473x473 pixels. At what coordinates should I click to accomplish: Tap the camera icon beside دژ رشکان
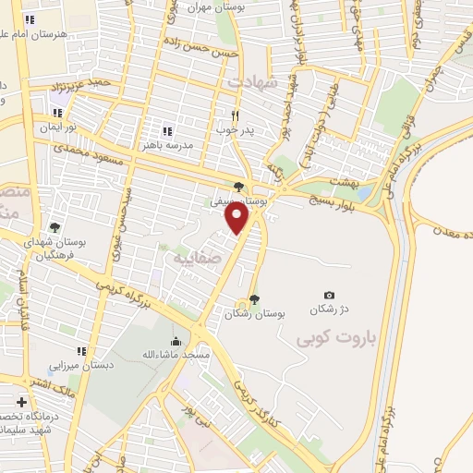tap(330, 296)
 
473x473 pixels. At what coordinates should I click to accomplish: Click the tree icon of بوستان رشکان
tap(254, 298)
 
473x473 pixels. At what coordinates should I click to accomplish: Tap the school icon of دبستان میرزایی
tap(82, 350)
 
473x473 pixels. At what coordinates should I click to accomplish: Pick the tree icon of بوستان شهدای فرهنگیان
tap(55, 227)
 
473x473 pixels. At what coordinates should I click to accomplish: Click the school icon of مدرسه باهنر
tap(167, 131)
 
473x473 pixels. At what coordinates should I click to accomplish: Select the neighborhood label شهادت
tap(246, 82)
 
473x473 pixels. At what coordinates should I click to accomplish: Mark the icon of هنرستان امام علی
tap(30, 19)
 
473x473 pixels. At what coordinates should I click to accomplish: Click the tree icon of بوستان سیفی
tap(239, 187)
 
